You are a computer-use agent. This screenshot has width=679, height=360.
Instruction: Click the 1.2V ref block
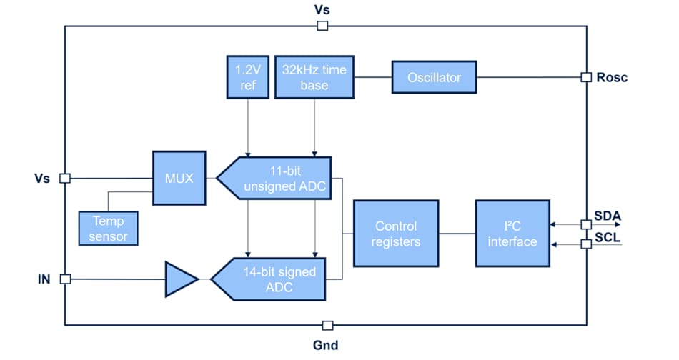click(x=247, y=77)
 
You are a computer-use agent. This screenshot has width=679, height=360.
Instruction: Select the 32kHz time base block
click(x=314, y=77)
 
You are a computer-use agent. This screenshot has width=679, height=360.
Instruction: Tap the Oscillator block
click(x=434, y=77)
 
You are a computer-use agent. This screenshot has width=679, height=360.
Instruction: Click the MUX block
click(x=179, y=178)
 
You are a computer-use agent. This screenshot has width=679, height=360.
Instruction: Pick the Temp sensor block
click(x=108, y=228)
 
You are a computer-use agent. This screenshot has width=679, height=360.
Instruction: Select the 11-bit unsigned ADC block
click(x=275, y=179)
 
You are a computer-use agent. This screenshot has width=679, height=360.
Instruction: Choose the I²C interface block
click(x=512, y=234)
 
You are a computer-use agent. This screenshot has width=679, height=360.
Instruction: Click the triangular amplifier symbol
click(x=180, y=279)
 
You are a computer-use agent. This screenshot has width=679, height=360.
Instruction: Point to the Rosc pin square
click(x=586, y=77)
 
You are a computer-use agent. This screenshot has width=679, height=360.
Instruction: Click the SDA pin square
click(x=586, y=224)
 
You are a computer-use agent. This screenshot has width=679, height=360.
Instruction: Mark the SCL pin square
click(x=586, y=244)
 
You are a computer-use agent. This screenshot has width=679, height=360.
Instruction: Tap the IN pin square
click(x=65, y=279)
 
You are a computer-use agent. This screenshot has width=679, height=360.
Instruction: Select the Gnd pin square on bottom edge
click(x=327, y=326)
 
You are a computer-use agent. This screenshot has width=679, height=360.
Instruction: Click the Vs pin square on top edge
click(x=322, y=26)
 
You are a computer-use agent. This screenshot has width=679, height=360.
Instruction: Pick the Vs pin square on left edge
click(x=65, y=178)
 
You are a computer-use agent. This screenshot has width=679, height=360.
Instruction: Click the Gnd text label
click(x=326, y=345)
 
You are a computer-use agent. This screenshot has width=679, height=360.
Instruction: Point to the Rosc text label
click(x=612, y=77)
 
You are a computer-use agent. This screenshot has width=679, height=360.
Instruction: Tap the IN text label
click(x=44, y=279)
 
